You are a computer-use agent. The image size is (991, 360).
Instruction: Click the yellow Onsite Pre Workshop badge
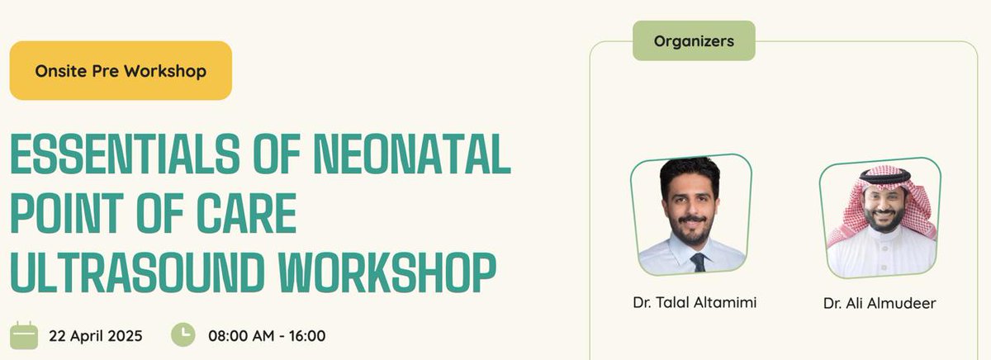[x=121, y=71]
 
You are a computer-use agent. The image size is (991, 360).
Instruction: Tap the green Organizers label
[x=694, y=40]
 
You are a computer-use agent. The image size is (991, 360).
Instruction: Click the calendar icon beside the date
[x=24, y=335]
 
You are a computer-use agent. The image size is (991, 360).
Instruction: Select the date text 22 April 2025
[x=96, y=336]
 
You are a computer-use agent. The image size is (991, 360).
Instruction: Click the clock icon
[x=183, y=334]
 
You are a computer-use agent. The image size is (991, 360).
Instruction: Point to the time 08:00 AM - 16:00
[x=267, y=336]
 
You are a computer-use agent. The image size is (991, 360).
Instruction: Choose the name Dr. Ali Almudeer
[x=880, y=303]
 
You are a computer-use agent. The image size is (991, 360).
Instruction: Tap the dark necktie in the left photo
[x=698, y=262]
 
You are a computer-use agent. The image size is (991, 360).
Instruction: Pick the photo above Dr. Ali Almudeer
[x=880, y=218]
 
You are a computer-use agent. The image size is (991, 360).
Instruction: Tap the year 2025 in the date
[x=126, y=336]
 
